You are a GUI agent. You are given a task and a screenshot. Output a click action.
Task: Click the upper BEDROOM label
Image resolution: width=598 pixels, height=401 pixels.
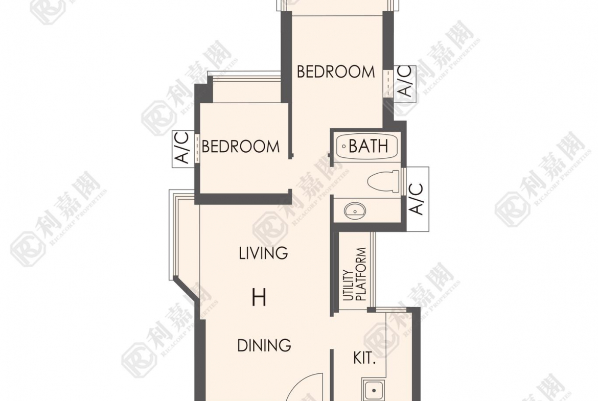336,72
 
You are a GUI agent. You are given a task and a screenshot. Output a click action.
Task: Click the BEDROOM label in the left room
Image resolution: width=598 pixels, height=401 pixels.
240,147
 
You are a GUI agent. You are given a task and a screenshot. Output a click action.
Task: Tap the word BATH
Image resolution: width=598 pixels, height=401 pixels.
369,146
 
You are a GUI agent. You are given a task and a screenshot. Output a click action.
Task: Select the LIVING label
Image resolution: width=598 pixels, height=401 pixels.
263,253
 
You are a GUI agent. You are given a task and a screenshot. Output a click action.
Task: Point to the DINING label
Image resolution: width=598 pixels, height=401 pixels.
264,345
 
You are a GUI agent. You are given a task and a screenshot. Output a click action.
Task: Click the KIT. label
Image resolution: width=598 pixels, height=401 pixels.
364,358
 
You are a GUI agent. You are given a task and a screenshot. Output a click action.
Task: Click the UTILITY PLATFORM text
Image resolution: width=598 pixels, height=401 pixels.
354,274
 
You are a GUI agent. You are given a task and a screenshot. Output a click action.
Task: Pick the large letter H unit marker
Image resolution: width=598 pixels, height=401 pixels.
259,298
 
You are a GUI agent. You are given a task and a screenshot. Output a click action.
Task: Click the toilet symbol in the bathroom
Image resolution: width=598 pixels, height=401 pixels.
383,181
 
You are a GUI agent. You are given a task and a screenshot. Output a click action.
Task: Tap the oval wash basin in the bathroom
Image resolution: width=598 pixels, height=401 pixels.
355,211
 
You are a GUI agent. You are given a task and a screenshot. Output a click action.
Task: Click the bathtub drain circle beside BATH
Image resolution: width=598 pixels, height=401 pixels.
343,146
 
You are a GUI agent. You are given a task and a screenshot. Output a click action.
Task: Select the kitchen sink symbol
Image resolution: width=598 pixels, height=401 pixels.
374,390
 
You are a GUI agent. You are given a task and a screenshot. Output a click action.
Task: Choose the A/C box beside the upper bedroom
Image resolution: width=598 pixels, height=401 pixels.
405,81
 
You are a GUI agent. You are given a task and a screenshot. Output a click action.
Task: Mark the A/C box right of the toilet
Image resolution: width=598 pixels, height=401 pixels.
417,199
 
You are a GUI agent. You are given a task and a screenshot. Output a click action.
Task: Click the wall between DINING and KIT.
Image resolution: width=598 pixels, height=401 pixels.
332,375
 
